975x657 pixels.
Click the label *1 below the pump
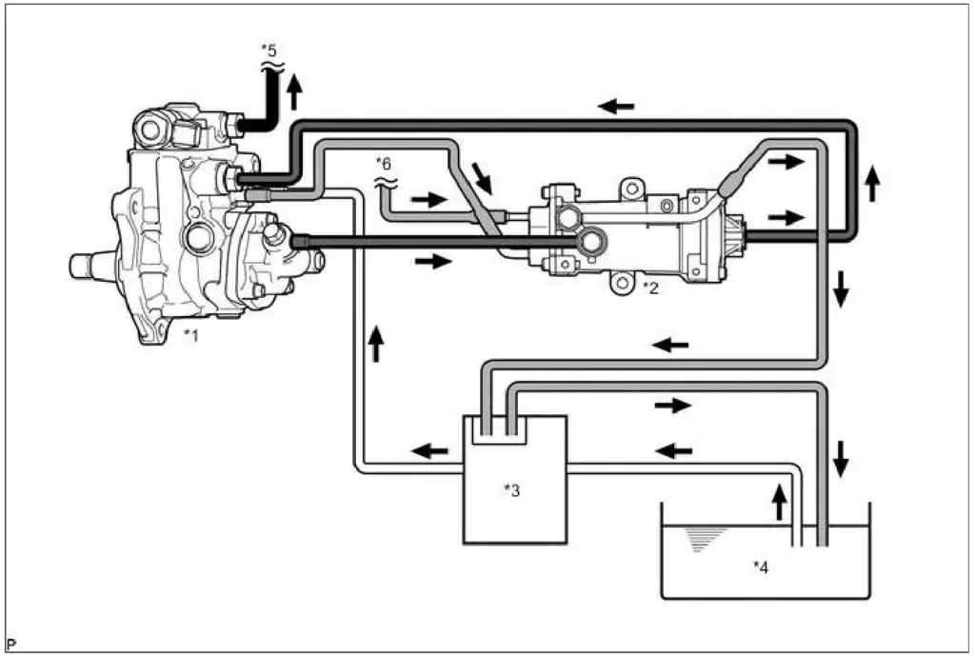point(190,336)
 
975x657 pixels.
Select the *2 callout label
point(650,288)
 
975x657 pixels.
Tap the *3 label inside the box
point(511,490)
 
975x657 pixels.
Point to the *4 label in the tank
point(761,567)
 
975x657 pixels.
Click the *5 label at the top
point(269,50)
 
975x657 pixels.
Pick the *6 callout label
point(384,164)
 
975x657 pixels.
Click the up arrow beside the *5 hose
point(295,92)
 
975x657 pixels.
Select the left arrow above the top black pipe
point(616,107)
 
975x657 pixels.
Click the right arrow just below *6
point(429,200)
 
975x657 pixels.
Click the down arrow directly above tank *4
point(841,459)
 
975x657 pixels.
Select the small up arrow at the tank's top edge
point(779,503)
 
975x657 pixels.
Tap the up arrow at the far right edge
point(872,184)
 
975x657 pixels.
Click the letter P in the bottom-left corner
point(11,644)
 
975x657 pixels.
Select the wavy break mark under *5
point(271,66)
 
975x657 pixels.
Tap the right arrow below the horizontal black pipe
point(433,261)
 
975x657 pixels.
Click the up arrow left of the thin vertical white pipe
point(375,345)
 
